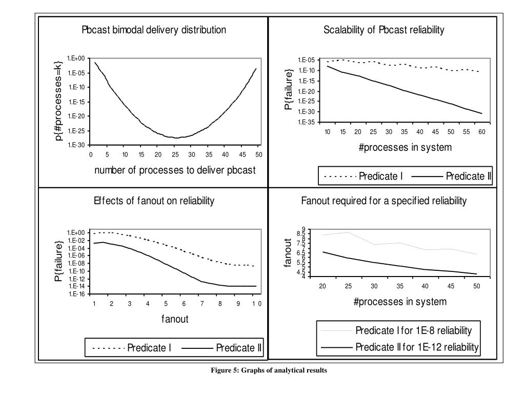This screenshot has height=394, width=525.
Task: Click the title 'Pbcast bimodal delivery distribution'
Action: [154, 30]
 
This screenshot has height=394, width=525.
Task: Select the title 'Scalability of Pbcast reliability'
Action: [383, 30]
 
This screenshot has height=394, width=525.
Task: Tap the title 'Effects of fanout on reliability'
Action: [154, 201]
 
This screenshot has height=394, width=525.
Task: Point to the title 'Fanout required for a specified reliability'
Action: [383, 201]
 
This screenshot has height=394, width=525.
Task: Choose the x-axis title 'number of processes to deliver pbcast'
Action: [174, 170]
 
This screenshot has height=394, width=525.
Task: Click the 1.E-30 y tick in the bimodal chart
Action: [78, 145]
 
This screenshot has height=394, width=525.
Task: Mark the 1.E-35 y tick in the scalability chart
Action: [309, 123]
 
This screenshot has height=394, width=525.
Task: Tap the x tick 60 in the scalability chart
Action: [481, 132]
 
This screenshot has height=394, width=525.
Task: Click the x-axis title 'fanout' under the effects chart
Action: [175, 319]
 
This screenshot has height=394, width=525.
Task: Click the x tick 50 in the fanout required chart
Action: [476, 286]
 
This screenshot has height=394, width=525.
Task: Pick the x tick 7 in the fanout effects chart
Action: [202, 303]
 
